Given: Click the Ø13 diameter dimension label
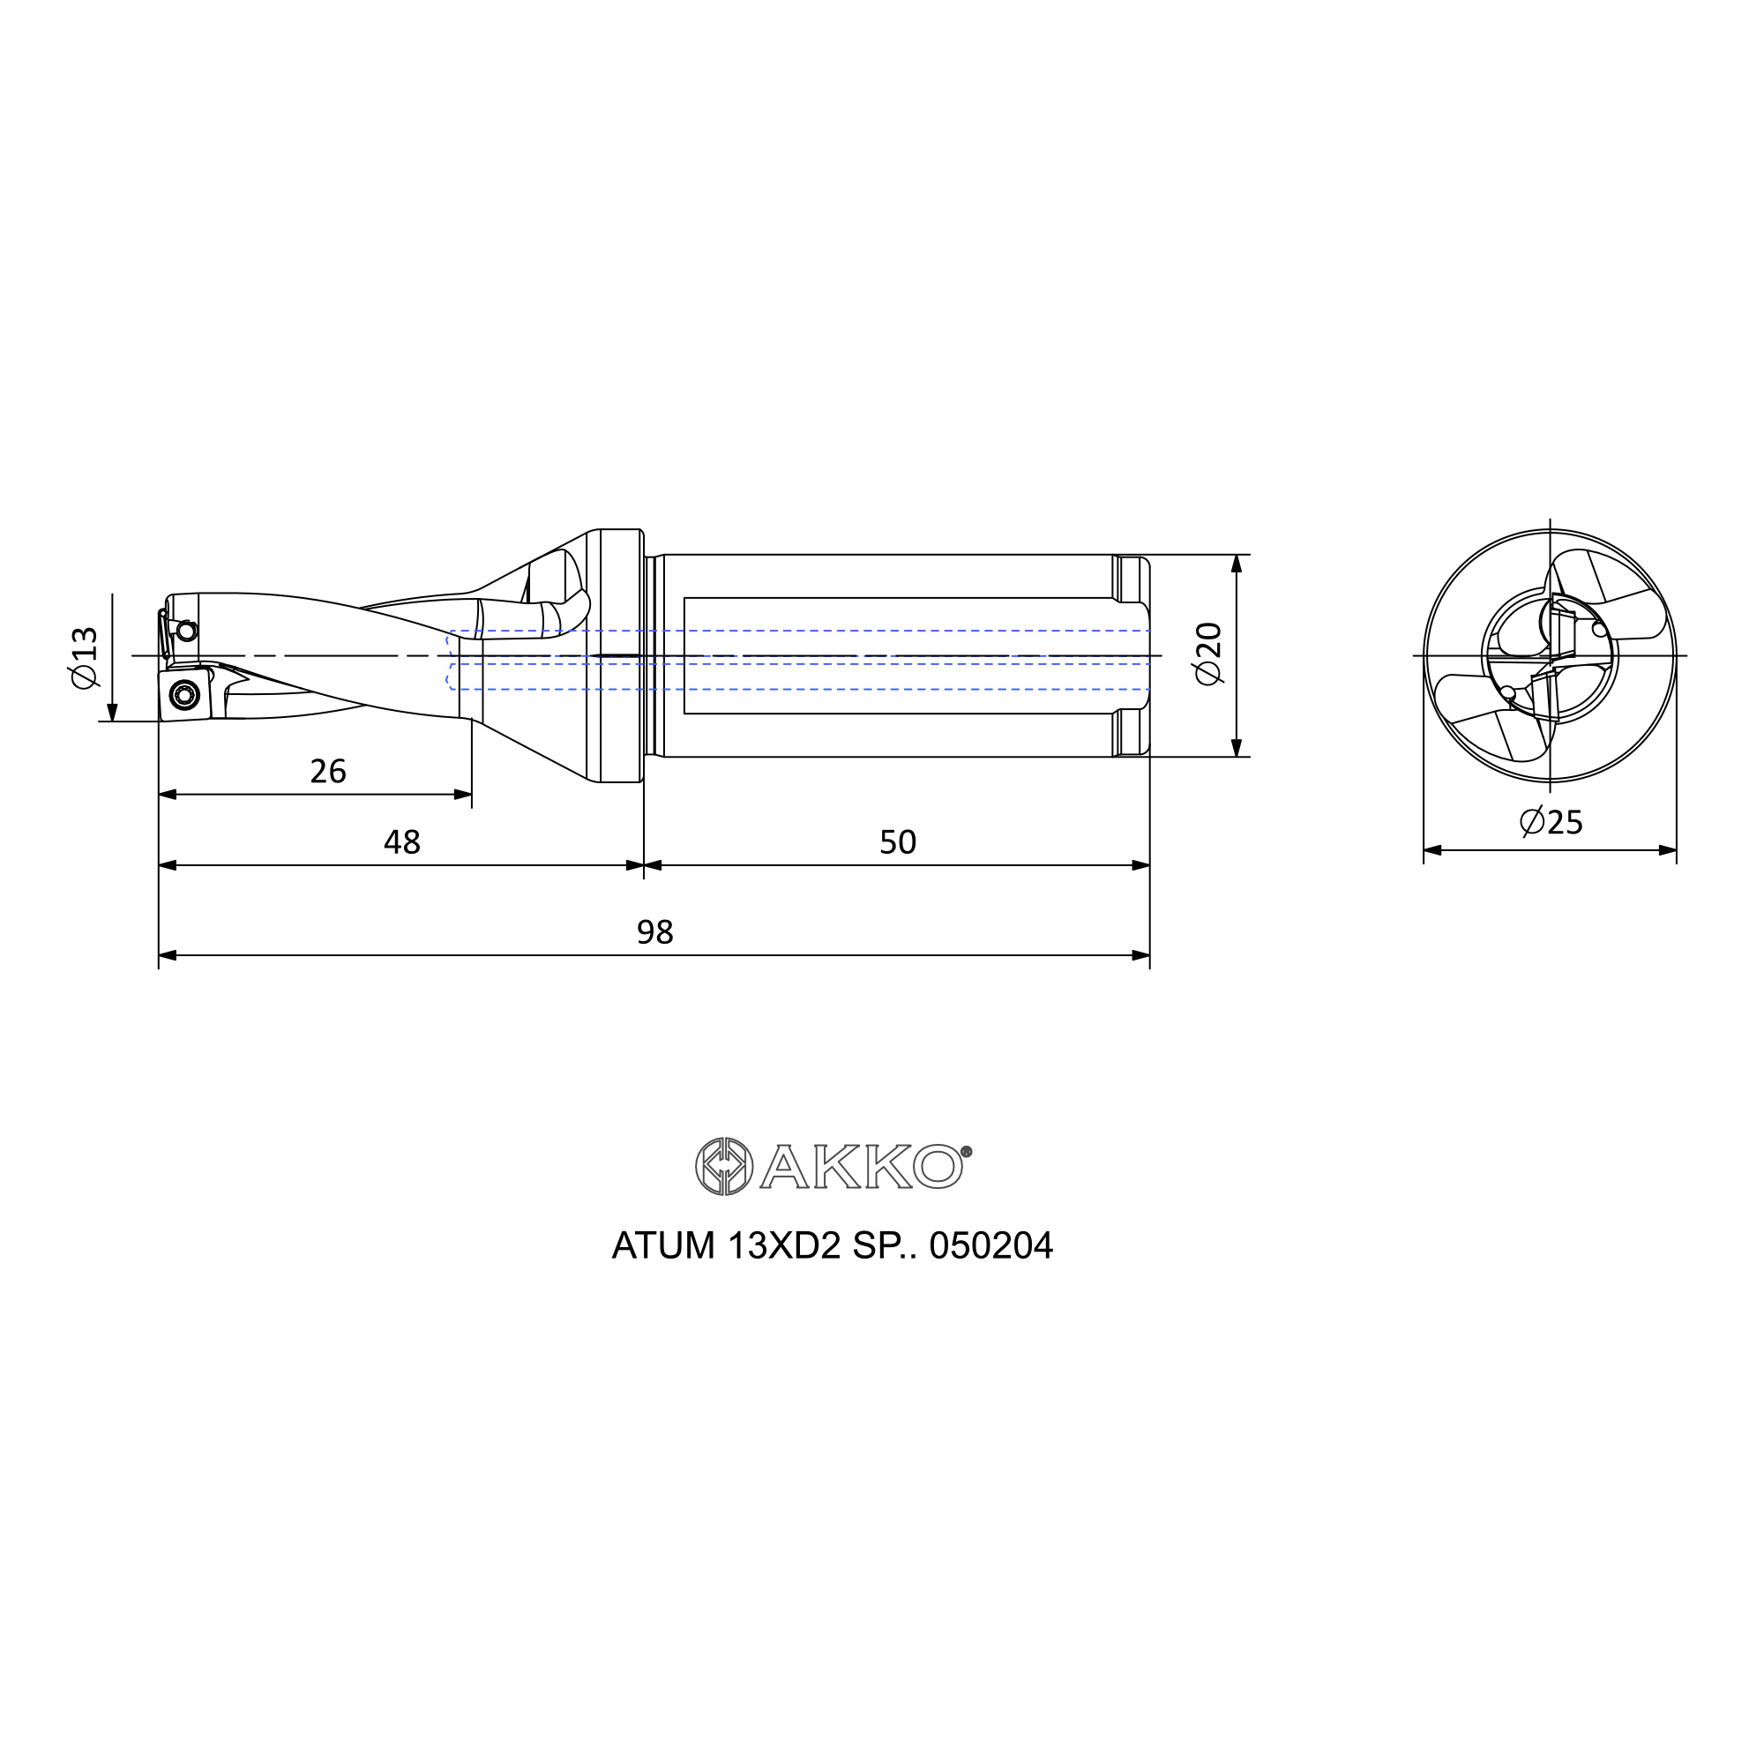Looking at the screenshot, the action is [x=84, y=658].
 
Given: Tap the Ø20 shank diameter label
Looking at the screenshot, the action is [x=1208, y=654].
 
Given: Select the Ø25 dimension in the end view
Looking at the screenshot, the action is [x=1551, y=822].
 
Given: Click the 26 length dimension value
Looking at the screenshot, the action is [x=328, y=772].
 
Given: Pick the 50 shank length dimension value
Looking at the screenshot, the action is [x=898, y=841].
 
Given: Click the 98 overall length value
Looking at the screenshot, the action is [x=654, y=932].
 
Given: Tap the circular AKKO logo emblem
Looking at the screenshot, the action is [x=724, y=1167].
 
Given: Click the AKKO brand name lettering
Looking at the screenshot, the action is [x=861, y=1168].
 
